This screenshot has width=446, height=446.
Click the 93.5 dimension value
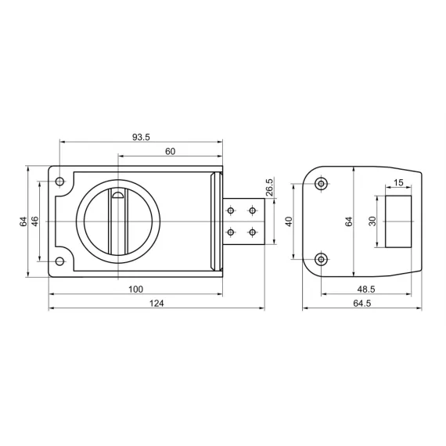(141, 137)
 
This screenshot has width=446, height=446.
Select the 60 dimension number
(170, 151)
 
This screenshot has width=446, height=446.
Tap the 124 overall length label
(156, 304)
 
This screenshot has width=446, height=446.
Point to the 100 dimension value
(135, 290)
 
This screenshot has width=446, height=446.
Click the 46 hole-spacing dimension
(34, 221)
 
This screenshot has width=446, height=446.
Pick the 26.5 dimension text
(269, 187)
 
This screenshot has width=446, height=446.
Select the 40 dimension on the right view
(289, 221)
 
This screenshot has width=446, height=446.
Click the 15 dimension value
(398, 182)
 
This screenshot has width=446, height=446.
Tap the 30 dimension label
(372, 221)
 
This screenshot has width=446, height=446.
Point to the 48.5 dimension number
(366, 290)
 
